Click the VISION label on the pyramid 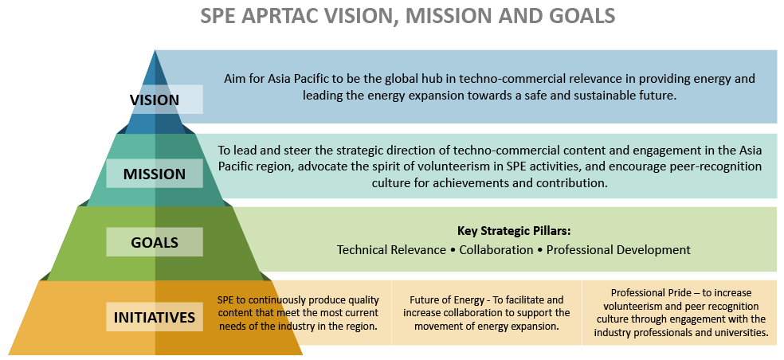point(155,100)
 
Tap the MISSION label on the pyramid point(155,174)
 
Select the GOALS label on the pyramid point(155,241)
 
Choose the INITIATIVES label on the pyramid point(155,318)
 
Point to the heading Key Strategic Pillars point(514,232)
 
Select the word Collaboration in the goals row point(496,250)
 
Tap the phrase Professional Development point(618,250)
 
